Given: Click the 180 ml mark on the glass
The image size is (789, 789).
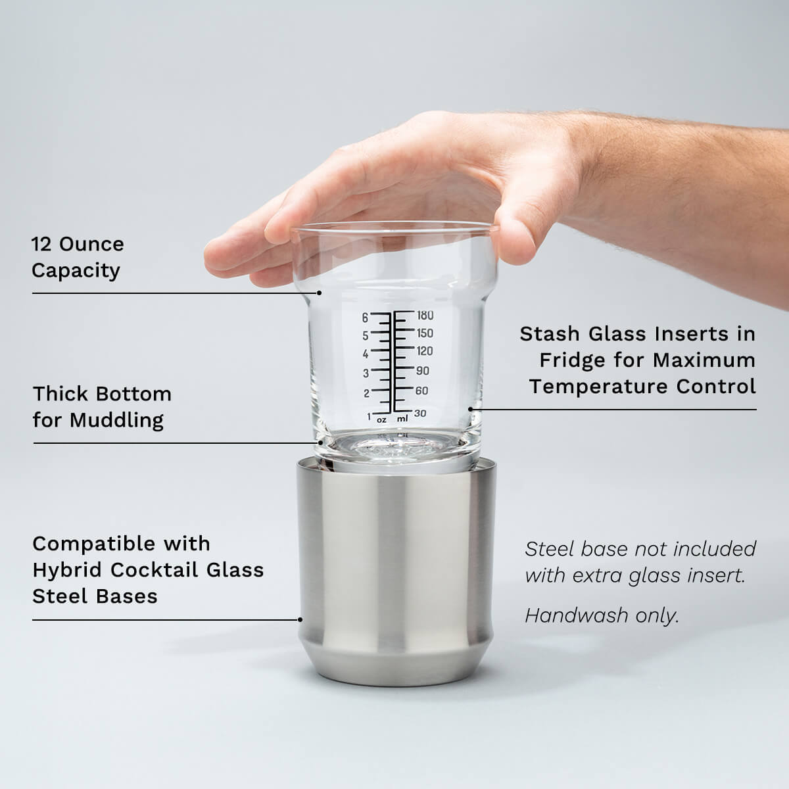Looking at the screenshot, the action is (x=425, y=316).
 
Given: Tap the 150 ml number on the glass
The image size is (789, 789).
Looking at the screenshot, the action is (x=425, y=333).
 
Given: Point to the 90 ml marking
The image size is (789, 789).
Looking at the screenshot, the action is (x=423, y=371).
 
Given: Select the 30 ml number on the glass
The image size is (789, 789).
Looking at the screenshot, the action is (x=420, y=413).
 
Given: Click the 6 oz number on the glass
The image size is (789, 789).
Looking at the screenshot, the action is (x=365, y=318).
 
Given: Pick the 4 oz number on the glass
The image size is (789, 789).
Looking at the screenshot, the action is (x=366, y=354).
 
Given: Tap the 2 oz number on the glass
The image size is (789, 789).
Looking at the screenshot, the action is (x=366, y=393).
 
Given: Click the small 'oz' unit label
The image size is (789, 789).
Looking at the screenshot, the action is (x=381, y=420).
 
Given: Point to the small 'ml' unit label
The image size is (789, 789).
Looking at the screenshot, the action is (x=402, y=419).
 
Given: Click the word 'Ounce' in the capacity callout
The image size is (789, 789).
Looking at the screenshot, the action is (x=91, y=245).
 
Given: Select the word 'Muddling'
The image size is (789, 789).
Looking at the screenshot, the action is (x=116, y=421).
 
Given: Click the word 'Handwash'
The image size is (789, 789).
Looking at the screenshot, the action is (x=577, y=615).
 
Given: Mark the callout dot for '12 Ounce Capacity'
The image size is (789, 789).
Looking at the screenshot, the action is (x=319, y=293).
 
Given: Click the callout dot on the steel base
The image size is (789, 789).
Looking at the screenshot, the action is (x=300, y=620).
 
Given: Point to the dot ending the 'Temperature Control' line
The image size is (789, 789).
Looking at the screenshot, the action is (x=471, y=409).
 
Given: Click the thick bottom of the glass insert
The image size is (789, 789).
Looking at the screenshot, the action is (x=396, y=450).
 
